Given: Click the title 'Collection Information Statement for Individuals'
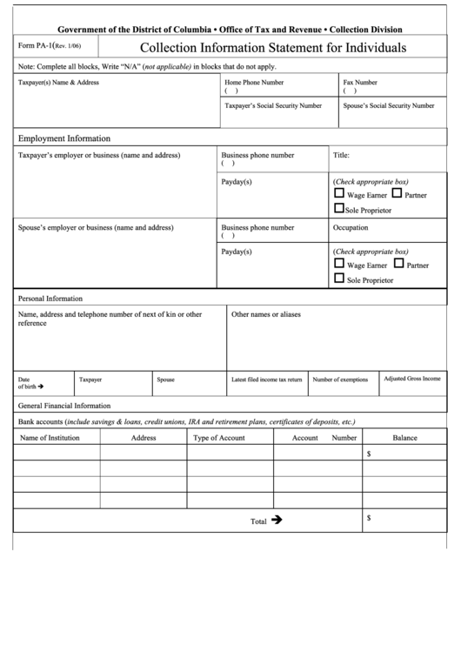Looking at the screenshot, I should coord(273,48).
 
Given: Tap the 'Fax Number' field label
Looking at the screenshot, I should coord(360,82).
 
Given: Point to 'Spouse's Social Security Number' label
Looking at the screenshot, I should coord(389,104).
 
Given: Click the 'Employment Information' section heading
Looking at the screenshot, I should coord(64,138).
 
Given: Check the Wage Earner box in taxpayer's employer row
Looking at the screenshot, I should coord(339,194).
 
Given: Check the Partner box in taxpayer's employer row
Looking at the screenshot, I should coord(397,194).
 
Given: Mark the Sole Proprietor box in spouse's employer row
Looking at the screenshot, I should coord(339,279).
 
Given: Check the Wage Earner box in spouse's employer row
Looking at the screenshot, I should coord(339,263).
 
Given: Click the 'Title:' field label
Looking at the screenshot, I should coord(342,156).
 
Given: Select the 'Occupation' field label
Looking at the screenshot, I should coord(351,227).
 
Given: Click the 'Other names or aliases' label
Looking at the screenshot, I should coord(266,313).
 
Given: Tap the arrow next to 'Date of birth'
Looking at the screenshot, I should coord(41,386).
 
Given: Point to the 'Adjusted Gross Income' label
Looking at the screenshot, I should coord(412,380).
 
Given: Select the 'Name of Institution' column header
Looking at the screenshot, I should coord(50,438).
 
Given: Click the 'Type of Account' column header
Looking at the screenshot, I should coord(219,438).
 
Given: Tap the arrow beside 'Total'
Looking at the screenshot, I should coord(277,519).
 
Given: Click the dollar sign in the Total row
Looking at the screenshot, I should coord(369,518).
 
